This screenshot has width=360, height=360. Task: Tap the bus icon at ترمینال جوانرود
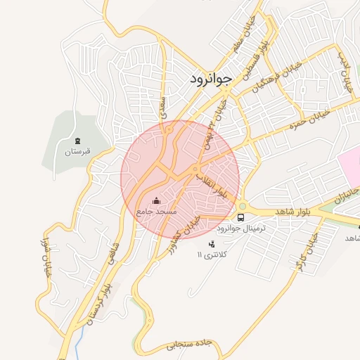241,217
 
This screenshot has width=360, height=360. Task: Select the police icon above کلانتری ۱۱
212,243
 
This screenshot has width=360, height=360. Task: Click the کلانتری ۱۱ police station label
212,255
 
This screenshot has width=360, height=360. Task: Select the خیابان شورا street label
49,259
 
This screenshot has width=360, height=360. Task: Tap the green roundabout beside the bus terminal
242,207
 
